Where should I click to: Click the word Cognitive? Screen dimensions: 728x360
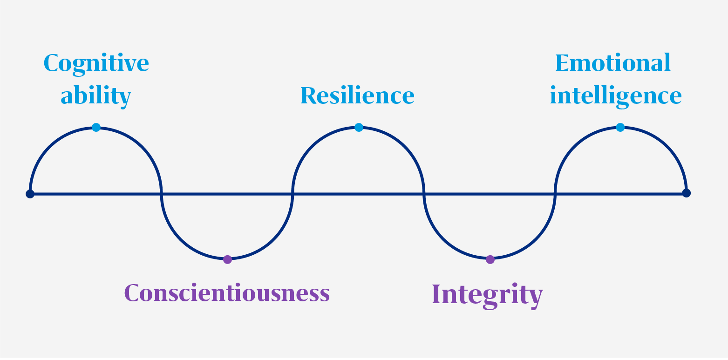[x=96, y=64]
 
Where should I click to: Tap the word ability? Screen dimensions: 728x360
[x=96, y=96]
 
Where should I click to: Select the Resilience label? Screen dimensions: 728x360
[x=358, y=95]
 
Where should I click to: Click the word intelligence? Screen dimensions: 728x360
[x=616, y=96]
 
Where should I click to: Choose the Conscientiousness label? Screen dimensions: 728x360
[x=227, y=293]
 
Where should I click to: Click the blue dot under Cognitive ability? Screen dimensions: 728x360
[x=96, y=127]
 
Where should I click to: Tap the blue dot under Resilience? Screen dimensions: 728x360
[x=359, y=127]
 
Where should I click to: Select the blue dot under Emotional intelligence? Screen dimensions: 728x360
[x=620, y=127]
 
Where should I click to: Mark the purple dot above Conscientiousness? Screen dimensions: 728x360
[x=227, y=259]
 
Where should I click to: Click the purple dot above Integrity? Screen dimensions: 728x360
[x=490, y=259]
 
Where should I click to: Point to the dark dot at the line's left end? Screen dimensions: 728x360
[x=30, y=194]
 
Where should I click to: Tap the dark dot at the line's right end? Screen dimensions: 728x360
[x=686, y=193]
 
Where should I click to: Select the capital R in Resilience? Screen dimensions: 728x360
[x=309, y=95]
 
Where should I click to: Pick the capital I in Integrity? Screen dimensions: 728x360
[x=436, y=294]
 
